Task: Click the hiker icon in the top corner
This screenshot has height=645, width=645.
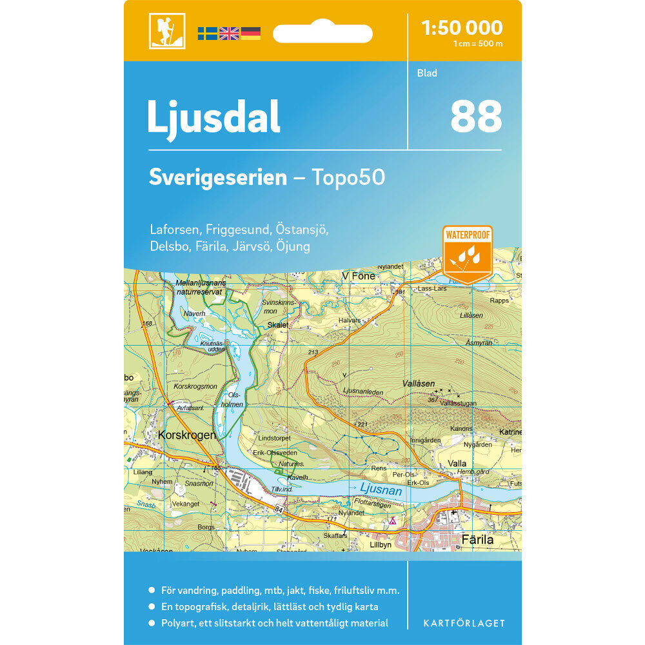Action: pyautogui.click(x=166, y=30)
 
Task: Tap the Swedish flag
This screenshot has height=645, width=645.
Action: pyautogui.click(x=207, y=34)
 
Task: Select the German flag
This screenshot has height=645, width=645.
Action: pyautogui.click(x=251, y=34)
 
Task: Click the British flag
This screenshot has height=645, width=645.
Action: pyautogui.click(x=229, y=34)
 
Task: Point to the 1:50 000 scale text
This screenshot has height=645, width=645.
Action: pyautogui.click(x=461, y=28)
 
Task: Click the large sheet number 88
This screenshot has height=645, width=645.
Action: pyautogui.click(x=476, y=117)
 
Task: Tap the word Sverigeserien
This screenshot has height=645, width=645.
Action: pyautogui.click(x=217, y=177)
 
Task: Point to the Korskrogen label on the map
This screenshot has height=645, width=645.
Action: pyautogui.click(x=186, y=435)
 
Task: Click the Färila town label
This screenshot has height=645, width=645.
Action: pyautogui.click(x=477, y=539)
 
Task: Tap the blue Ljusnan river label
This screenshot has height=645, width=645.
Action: pyautogui.click(x=381, y=491)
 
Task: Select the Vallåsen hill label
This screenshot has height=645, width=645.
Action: pyautogui.click(x=419, y=383)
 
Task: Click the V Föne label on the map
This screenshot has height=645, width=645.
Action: pyautogui.click(x=359, y=276)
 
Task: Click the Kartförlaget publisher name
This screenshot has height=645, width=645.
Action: pyautogui.click(x=464, y=623)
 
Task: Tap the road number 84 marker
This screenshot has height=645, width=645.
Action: pyautogui.click(x=279, y=510)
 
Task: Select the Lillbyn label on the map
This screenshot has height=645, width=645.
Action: pyautogui.click(x=381, y=544)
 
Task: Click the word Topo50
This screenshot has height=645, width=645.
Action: pyautogui.click(x=348, y=177)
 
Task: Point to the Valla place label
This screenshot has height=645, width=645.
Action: pyautogui.click(x=458, y=463)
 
